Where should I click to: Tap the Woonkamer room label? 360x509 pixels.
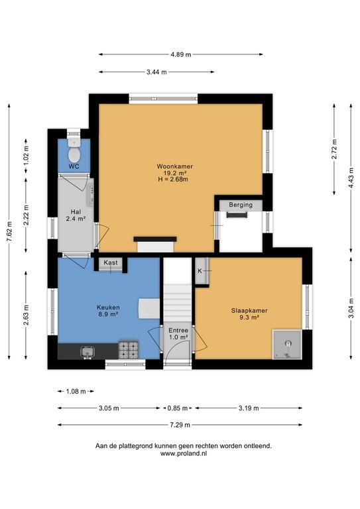175,166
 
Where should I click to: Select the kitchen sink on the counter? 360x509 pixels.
88,352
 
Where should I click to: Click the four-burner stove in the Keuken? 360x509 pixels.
129,350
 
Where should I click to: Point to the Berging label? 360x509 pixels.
241,205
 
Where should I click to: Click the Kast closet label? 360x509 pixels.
111,262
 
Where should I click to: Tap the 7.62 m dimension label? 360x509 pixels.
9,231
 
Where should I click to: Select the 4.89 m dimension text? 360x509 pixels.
181,54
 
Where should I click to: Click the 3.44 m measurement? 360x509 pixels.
156,72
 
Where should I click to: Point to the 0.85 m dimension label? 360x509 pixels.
178,408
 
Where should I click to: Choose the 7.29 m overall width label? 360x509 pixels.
180,425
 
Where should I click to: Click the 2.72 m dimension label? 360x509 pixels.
334,149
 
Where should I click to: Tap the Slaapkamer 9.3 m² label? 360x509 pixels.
249,314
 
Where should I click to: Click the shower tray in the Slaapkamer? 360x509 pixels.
287,345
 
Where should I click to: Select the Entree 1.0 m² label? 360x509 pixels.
178,334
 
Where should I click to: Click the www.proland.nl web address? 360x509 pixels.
184,454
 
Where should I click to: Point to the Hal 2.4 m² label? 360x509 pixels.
76,215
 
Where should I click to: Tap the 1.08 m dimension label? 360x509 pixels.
76,392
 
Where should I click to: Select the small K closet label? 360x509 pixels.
200,270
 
